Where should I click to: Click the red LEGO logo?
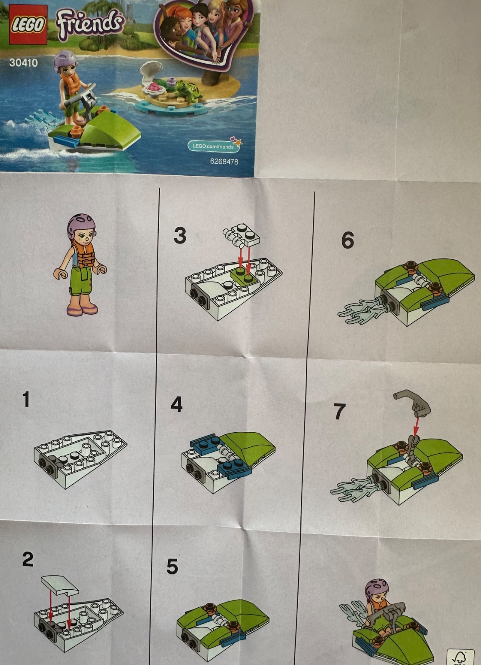coord(28,25)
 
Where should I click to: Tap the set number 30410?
coord(23,63)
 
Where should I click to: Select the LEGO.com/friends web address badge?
coord(214,146)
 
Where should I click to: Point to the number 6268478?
coord(224,162)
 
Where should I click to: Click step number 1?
coord(26,399)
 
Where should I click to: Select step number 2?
coord(28,559)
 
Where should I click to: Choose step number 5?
coord(172,566)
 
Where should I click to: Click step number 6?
coord(348,240)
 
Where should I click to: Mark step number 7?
coord(339,411)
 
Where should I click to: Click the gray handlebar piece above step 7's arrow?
coord(412,403)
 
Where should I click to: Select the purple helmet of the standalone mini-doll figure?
coord(81,225)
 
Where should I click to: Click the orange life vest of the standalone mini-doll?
coord(83,254)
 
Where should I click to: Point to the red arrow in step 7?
coord(417,426)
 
